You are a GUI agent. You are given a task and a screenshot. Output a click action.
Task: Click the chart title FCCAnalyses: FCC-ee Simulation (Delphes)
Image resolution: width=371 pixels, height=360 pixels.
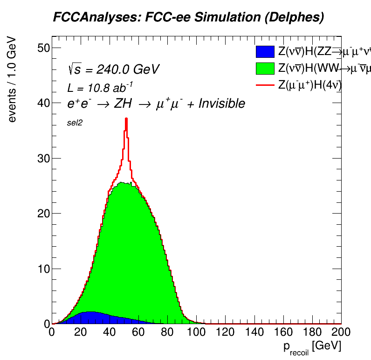(x=188, y=18)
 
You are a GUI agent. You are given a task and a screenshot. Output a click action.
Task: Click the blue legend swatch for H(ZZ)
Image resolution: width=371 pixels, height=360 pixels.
(x=265, y=52)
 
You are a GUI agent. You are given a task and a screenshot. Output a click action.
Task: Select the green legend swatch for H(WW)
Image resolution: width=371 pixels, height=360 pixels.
(x=265, y=68)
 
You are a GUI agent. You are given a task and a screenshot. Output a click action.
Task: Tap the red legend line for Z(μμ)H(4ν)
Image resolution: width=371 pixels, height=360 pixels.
(x=265, y=84)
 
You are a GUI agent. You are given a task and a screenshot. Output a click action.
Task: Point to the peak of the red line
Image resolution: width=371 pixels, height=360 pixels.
(x=126, y=119)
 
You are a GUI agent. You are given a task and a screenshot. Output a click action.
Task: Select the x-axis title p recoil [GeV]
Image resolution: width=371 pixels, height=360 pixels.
(x=311, y=347)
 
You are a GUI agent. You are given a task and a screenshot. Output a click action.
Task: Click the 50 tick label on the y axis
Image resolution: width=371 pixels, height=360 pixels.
(x=43, y=48)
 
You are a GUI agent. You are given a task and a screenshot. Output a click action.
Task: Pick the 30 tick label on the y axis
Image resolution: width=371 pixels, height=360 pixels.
(x=43, y=159)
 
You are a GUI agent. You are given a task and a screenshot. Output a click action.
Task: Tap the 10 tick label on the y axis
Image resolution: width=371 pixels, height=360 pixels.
(x=43, y=269)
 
